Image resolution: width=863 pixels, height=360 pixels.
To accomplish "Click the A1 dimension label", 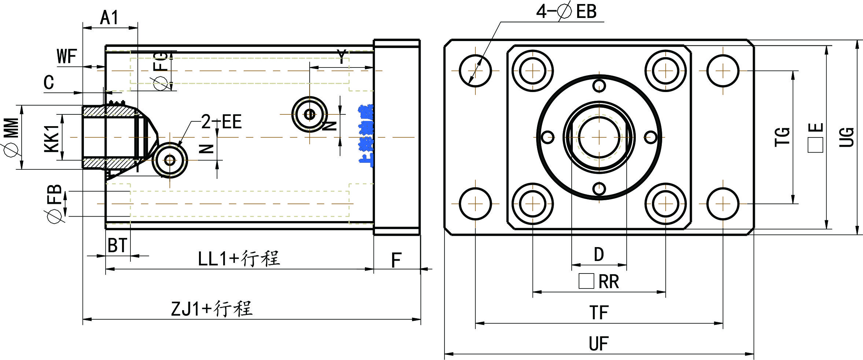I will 109,18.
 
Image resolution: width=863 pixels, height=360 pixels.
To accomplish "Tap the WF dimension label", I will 67,56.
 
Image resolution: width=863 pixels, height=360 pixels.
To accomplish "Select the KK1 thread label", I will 52,138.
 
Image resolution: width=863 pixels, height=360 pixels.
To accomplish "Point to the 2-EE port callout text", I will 222,122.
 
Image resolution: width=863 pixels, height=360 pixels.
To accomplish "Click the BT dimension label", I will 117,245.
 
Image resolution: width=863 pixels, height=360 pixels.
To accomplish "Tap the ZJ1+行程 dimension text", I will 212,309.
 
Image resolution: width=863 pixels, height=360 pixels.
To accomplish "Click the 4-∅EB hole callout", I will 566,11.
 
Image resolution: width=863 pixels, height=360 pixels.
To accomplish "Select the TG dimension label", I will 782,137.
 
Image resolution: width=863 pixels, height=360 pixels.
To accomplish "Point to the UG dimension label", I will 847,137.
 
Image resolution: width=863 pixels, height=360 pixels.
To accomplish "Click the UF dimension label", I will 599,344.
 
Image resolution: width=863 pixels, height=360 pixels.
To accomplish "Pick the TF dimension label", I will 599,313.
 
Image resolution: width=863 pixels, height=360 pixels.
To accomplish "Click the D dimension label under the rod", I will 599,254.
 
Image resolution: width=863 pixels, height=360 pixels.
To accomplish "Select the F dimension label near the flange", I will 397,260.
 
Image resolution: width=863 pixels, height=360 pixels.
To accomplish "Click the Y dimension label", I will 342,57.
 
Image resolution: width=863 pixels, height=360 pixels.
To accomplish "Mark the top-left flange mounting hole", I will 475,71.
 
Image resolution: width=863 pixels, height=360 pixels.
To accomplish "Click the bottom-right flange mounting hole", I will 723,203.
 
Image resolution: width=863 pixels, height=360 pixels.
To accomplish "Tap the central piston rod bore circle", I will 599,137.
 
